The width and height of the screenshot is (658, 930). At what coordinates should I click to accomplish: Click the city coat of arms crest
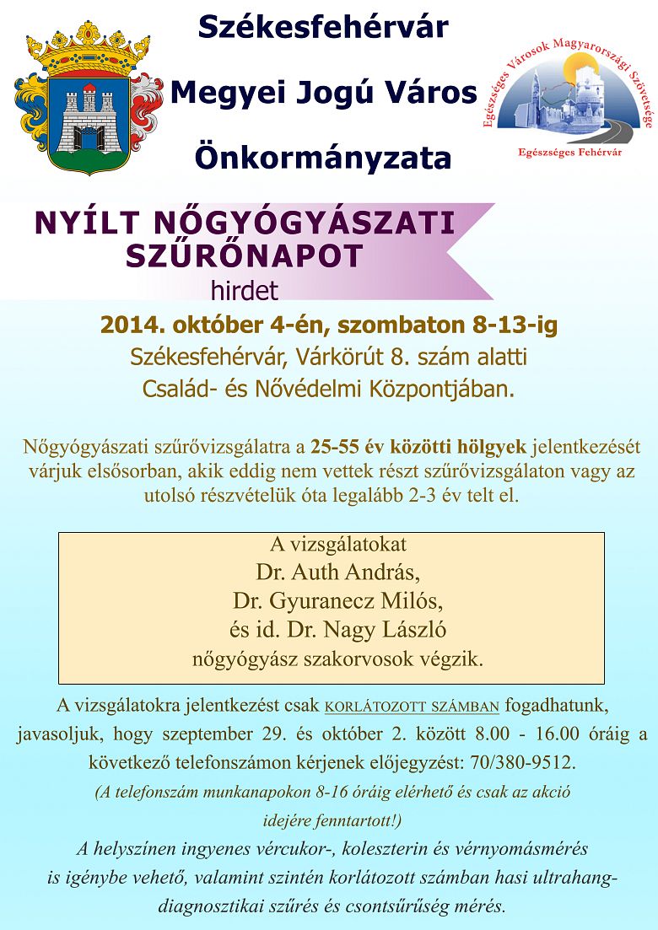88,101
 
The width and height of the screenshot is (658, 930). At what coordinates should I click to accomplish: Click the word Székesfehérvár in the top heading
322,27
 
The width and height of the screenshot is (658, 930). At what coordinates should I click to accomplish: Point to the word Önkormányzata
322,157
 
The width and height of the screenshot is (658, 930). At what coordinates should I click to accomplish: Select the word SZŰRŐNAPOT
245,255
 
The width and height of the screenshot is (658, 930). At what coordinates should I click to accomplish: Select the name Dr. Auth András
337,573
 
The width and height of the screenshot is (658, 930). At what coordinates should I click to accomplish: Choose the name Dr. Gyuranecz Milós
337,601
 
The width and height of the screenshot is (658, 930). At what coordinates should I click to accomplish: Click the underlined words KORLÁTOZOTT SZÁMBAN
413,706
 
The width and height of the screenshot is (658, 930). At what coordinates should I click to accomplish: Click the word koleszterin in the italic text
396,849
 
